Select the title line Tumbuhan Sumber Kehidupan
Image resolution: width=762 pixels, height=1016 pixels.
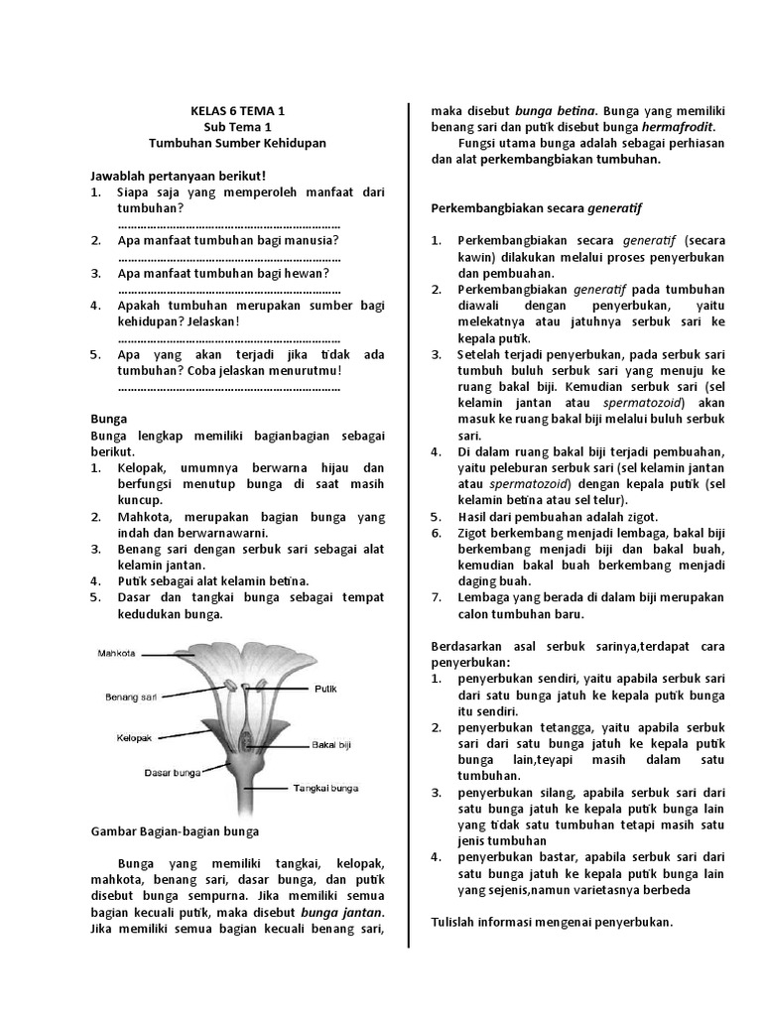point(236,143)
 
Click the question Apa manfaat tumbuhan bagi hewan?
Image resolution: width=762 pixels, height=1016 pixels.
point(223,273)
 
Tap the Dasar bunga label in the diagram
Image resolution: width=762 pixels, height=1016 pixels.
point(174,771)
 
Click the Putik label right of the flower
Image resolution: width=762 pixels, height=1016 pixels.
point(326,688)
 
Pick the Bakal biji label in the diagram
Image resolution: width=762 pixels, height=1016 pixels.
point(332,743)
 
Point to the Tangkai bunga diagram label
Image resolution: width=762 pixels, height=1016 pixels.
point(325,789)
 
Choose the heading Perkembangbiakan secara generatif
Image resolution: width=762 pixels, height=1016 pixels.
point(537,208)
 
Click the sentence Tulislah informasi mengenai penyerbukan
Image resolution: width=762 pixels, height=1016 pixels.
point(552,922)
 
